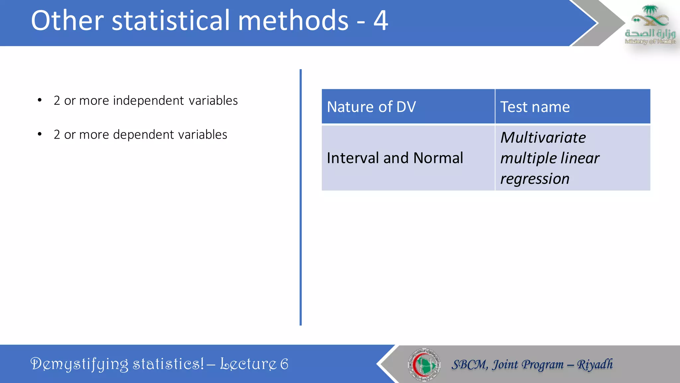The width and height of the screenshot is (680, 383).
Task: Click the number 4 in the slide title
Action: pos(381,21)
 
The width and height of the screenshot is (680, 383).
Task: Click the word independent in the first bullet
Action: pos(148,100)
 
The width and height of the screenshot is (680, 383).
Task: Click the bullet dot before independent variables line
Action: pos(40,100)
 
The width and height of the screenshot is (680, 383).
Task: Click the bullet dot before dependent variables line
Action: pos(40,134)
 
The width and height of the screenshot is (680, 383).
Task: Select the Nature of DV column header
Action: pos(371,107)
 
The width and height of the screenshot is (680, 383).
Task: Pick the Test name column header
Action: pos(535,107)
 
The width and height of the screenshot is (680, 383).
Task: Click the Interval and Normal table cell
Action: pos(395,158)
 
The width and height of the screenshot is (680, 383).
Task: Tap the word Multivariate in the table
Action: pos(543,138)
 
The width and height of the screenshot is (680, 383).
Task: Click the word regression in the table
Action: pos(535,179)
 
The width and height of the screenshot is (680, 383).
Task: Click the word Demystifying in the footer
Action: pos(79,364)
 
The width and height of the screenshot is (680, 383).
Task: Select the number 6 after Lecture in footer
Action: pos(284,364)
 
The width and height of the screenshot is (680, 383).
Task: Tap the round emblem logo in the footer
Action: pos(424,364)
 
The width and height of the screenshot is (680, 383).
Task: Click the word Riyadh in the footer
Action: pos(595,364)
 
